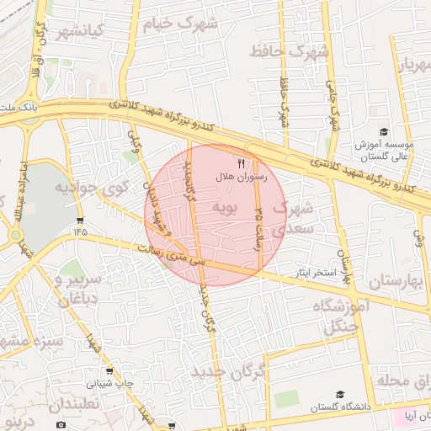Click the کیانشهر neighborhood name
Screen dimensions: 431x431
click(x=79, y=33)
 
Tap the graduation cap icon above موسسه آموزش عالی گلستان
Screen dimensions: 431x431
click(x=384, y=132)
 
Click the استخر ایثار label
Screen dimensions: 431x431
click(x=313, y=274)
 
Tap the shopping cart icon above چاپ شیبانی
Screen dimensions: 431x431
click(x=109, y=370)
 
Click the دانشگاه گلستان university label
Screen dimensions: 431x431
click(x=341, y=407)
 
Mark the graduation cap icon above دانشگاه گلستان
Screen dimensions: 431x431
click(x=340, y=394)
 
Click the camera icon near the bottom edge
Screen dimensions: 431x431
click(x=61, y=425)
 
